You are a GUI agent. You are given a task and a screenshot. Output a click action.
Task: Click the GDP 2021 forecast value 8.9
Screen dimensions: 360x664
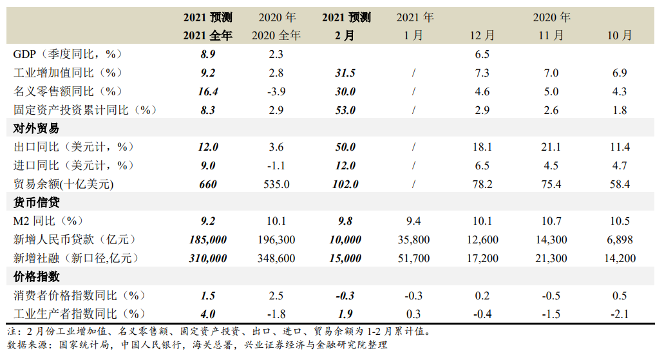click(208, 55)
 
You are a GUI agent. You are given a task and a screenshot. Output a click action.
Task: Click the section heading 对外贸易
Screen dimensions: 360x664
click(36, 129)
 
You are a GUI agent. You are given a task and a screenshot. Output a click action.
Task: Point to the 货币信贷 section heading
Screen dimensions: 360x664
click(36, 203)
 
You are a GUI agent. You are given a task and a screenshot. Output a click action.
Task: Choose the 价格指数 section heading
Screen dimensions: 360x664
click(36, 277)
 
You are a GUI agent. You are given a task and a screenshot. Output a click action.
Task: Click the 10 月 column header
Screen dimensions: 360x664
click(620, 36)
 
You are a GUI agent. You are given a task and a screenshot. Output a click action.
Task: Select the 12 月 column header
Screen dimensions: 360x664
click(482, 36)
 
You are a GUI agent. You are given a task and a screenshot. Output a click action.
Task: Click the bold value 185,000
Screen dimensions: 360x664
click(208, 240)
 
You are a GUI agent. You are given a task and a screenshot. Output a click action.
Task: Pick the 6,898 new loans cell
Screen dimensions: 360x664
click(620, 240)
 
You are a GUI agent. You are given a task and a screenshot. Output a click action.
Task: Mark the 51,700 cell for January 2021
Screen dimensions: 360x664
click(413, 259)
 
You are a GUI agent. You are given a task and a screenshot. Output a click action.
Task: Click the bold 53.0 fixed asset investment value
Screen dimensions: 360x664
click(346, 111)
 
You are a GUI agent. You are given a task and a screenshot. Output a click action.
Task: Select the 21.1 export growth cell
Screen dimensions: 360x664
click(551, 147)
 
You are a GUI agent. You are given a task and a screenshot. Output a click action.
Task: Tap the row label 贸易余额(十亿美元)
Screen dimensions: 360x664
click(63, 185)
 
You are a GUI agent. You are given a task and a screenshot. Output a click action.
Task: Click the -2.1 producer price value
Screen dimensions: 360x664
click(620, 314)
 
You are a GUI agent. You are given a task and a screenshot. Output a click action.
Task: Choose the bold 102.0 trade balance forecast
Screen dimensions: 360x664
click(346, 185)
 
